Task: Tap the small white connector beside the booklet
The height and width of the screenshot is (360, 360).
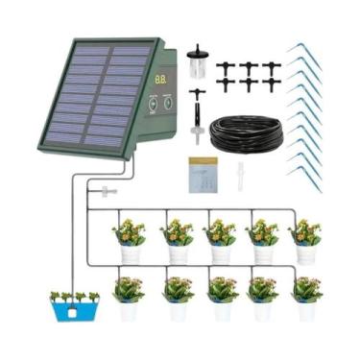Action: point(240,175)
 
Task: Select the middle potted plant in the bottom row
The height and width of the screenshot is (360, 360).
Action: point(220,297)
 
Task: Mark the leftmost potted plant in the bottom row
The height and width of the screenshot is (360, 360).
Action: point(129,297)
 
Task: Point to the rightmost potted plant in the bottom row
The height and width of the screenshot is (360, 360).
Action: point(306,297)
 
